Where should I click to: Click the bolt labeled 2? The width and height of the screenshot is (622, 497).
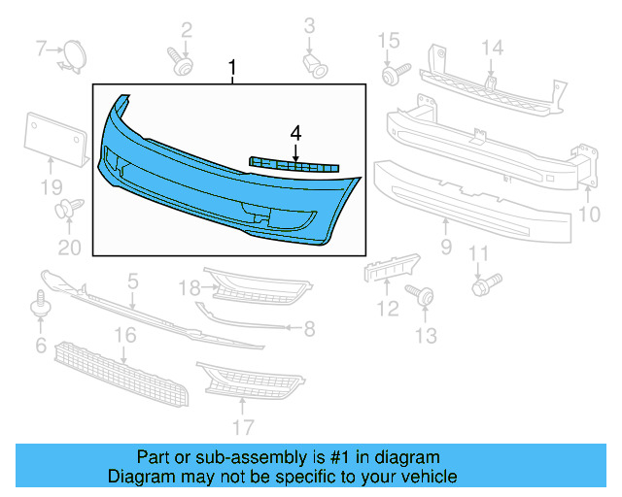click(180, 63)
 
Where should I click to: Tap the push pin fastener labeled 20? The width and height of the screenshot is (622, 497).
click(69, 208)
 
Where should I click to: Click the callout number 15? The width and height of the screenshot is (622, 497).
click(389, 41)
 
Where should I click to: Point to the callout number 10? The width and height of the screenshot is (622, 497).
click(590, 214)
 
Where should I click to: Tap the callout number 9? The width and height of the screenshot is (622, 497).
click(446, 248)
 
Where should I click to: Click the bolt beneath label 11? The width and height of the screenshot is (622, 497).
click(483, 285)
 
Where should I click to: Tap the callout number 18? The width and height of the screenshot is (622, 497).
click(189, 287)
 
